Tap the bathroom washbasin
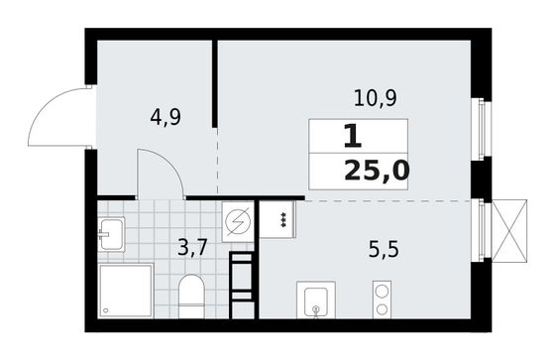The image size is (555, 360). pyautogui.click(x=111, y=234)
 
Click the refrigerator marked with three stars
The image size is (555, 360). pyautogui.click(x=280, y=220)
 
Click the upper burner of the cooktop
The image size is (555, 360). pyautogui.click(x=379, y=292)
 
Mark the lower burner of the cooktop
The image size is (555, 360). pyautogui.click(x=379, y=309)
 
